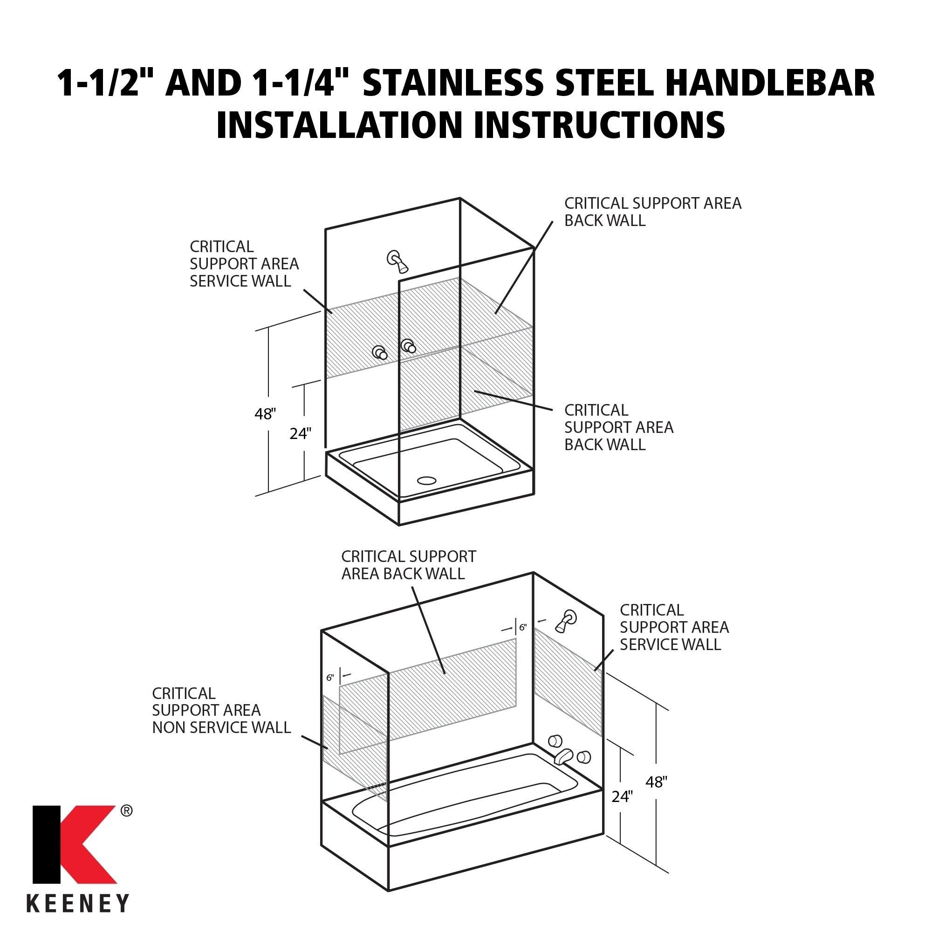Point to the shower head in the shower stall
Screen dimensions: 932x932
[398, 260]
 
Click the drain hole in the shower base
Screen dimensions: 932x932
[426, 480]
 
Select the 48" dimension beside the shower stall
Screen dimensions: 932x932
[265, 414]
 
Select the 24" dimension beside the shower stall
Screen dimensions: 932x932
[300, 434]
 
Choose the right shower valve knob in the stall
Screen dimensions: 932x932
[408, 346]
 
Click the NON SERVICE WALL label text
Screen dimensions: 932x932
[221, 727]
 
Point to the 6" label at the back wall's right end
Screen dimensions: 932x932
[523, 628]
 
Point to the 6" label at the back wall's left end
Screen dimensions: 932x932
[330, 678]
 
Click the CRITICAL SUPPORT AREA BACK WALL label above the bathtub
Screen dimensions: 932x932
[409, 565]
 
